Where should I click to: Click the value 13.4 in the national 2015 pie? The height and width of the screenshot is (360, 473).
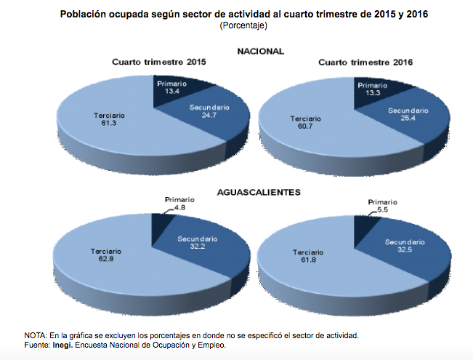click(x=171, y=93)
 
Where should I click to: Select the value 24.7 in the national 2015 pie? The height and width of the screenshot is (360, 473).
click(x=209, y=116)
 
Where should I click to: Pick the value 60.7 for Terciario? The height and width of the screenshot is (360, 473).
click(x=305, y=126)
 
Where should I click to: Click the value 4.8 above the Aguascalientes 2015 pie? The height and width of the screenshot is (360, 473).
click(x=179, y=209)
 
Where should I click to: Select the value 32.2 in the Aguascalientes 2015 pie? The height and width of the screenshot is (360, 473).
click(x=196, y=247)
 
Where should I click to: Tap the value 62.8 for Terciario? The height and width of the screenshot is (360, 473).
click(x=106, y=260)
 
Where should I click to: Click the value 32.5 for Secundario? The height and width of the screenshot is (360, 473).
click(x=404, y=249)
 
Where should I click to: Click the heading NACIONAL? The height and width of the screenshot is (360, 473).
click(x=260, y=51)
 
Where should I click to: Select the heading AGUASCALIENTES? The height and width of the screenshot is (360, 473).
click(x=259, y=193)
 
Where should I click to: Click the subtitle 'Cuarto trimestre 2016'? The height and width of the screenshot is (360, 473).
click(x=366, y=63)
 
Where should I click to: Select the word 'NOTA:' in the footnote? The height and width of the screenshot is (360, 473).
click(x=36, y=335)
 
